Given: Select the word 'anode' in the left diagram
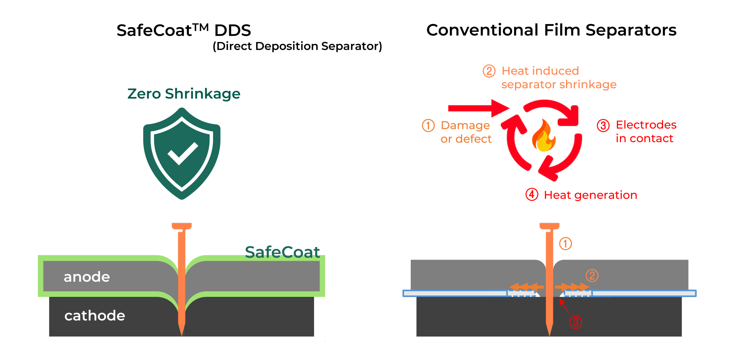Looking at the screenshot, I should tap(87, 277).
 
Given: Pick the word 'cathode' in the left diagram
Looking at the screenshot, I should tap(94, 316).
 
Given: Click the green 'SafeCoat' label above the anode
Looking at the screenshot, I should tap(282, 252).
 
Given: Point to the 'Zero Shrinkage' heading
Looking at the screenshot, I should tap(184, 94).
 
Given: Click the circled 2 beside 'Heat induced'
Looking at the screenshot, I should tap(489, 71).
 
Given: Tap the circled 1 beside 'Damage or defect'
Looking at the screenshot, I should tap(428, 126).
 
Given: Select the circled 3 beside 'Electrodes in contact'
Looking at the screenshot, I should tap(603, 126).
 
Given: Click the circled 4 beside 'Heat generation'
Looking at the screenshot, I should tap(532, 195).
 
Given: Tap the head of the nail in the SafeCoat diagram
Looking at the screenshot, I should tap(182, 226).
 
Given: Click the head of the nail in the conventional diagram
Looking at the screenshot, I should tap(549, 226).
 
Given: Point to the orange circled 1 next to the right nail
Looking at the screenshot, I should tap(565, 244).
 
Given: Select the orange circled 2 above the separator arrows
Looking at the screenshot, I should tap(592, 275).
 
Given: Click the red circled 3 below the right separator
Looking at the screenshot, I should tap(575, 322).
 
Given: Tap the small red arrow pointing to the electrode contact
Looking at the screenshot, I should tap(563, 305).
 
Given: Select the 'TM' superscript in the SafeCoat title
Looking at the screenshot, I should tap(201, 27).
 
